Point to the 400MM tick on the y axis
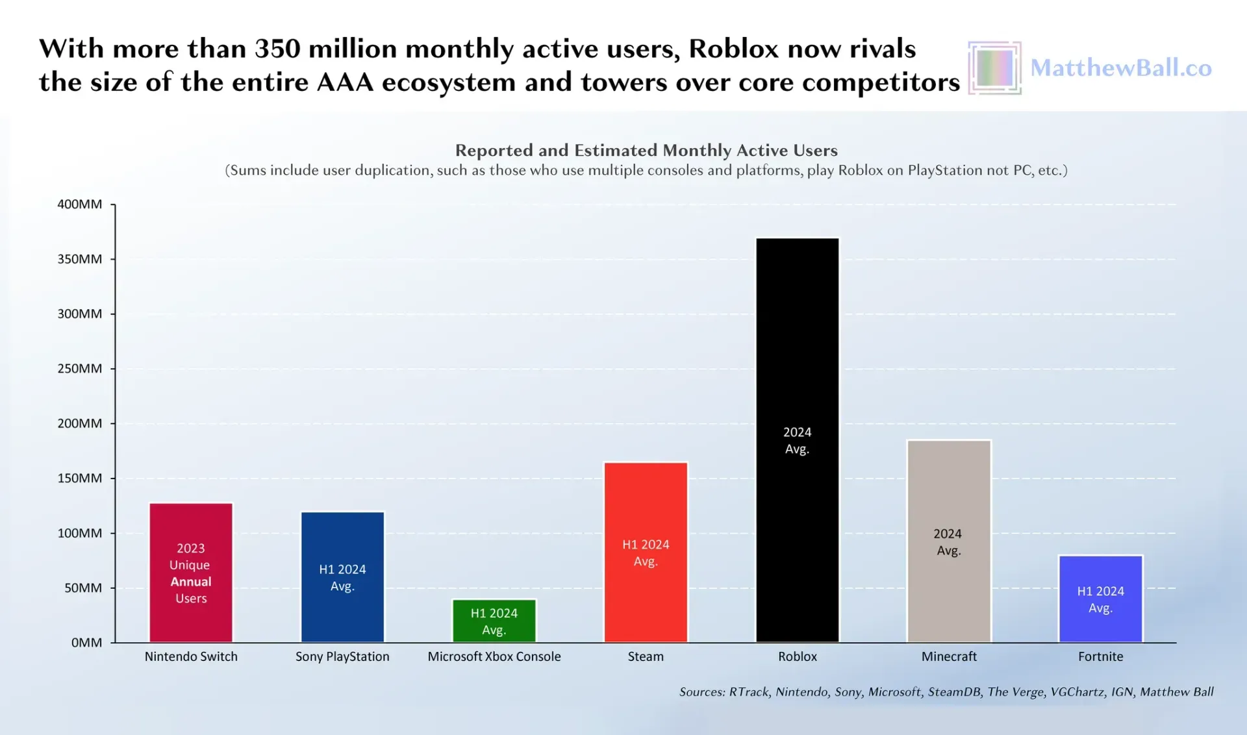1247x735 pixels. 80,204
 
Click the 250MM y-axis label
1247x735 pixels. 80,368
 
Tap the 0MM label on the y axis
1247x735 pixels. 86,642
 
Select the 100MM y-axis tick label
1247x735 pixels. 80,533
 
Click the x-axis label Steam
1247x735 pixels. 646,656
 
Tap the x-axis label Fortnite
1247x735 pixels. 1100,656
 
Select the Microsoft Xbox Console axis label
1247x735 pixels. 494,656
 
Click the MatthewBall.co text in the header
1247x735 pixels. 1121,68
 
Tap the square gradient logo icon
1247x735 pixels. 994,68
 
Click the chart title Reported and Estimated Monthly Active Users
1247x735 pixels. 646,150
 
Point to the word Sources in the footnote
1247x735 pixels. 701,692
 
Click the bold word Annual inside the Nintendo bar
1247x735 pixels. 191,582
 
